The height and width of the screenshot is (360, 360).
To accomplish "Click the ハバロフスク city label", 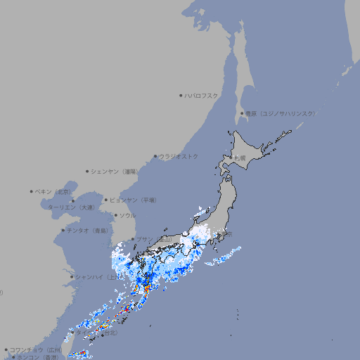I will point(201,96).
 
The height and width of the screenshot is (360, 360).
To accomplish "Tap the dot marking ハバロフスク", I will point(181,96).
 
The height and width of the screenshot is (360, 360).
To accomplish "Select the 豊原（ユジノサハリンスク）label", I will point(281,114).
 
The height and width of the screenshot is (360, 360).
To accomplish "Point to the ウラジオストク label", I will point(179,157).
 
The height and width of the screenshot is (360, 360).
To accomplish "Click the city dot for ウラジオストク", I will point(155,157).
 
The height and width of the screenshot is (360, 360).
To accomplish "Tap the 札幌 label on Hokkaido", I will point(240,158).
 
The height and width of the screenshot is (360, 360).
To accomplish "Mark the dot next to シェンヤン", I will point(87,172).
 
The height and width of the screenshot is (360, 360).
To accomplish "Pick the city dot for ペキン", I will point(32,191).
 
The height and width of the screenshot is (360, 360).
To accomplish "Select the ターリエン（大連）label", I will point(71,207).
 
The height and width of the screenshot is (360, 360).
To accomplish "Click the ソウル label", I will point(127,216).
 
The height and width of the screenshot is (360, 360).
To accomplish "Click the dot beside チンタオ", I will point(63,231).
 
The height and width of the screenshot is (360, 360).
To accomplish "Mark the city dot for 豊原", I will point(242,114).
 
